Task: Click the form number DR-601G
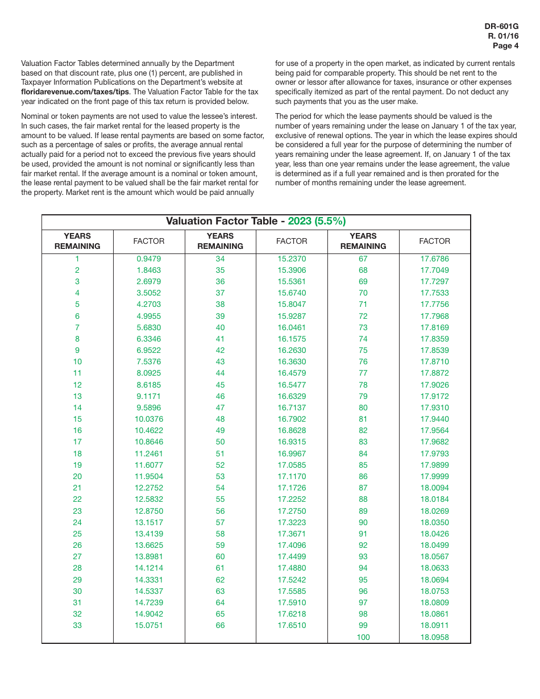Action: (501, 27)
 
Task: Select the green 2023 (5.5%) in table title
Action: (317, 222)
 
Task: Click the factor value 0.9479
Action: (148, 259)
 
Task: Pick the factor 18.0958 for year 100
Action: (434, 637)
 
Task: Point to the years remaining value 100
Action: (363, 637)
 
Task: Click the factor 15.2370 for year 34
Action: (292, 259)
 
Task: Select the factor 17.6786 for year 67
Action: (434, 259)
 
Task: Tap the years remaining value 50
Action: (220, 442)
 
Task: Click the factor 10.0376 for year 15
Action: (148, 419)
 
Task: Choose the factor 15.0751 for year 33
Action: (148, 625)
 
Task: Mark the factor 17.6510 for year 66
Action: (292, 625)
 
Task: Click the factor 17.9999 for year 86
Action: (434, 476)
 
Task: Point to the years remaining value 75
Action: (363, 350)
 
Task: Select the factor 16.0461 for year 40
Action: (292, 327)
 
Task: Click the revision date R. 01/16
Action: (503, 36)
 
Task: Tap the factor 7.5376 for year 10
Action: (148, 361)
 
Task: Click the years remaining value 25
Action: (77, 534)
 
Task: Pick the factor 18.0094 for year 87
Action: (434, 488)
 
